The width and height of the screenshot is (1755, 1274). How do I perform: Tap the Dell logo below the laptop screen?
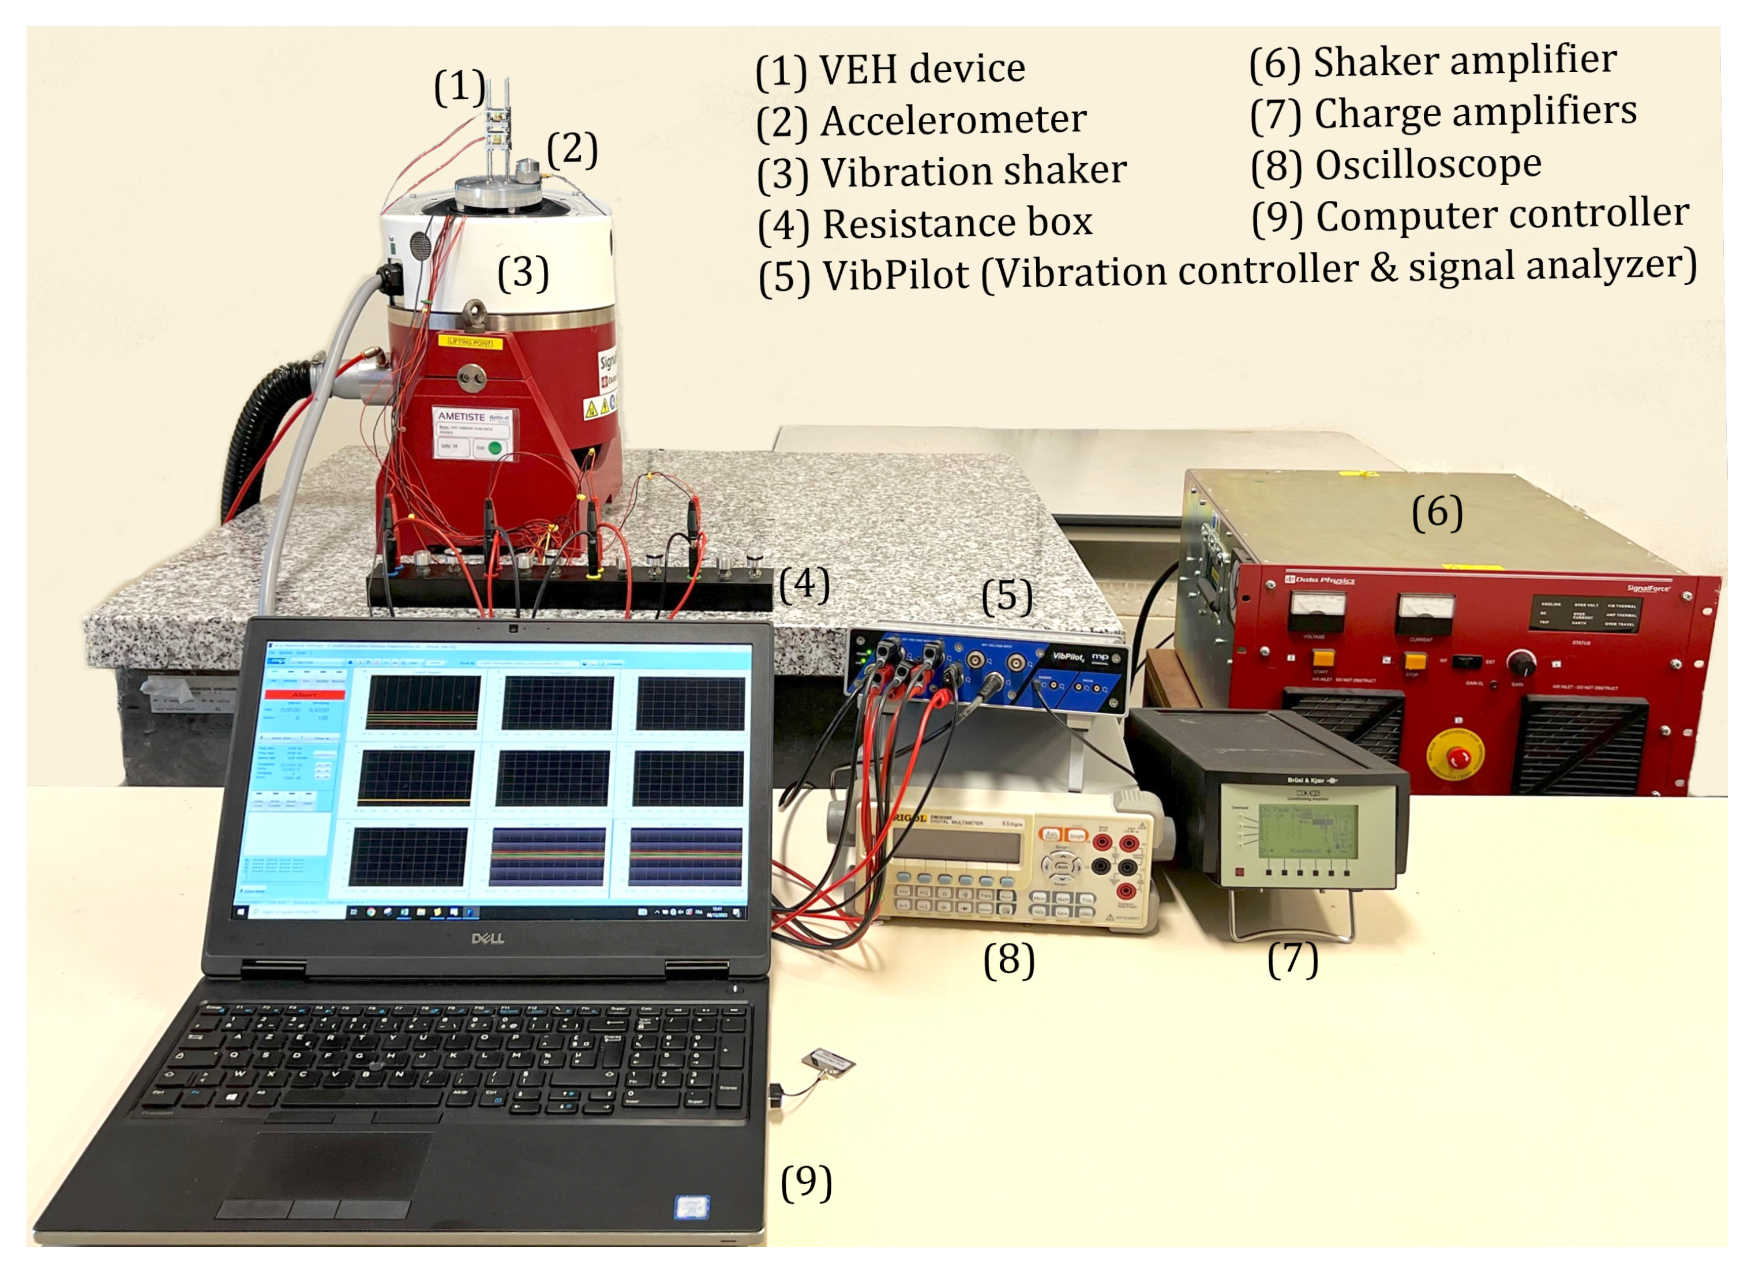click(487, 939)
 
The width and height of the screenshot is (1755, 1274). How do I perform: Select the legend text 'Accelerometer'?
click(953, 120)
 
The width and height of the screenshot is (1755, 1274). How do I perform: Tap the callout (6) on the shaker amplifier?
click(1437, 512)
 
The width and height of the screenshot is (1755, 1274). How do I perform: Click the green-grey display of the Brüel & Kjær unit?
click(1308, 830)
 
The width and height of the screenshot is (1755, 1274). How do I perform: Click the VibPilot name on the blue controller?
click(1068, 657)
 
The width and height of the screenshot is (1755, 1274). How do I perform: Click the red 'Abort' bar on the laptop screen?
click(304, 694)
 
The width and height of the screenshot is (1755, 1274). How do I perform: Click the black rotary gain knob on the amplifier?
click(1521, 662)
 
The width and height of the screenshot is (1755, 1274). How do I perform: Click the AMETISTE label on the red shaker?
click(461, 417)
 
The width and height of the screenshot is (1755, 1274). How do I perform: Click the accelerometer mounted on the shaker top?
click(528, 170)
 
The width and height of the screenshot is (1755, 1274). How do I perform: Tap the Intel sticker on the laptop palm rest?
click(692, 1206)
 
